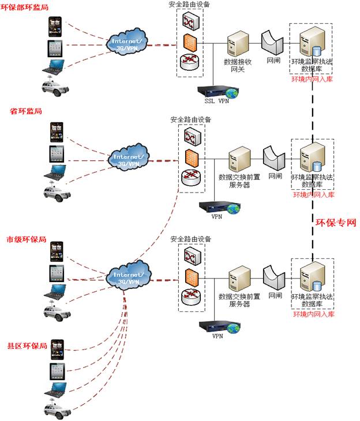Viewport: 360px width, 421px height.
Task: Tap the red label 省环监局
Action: pyautogui.click(x=22, y=110)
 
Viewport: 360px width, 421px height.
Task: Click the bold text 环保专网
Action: pyautogui.click(x=333, y=221)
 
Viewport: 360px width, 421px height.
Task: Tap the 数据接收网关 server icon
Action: pyautogui.click(x=237, y=44)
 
